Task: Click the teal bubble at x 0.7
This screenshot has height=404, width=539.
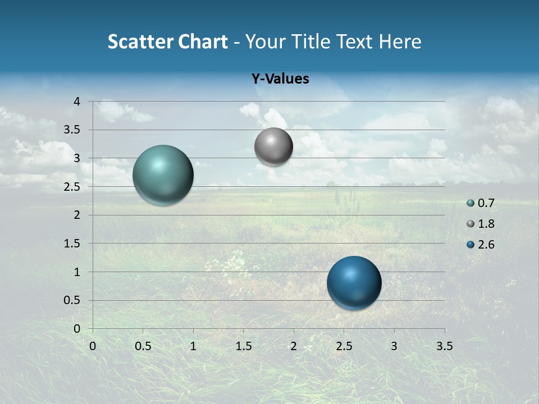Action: [x=163, y=175]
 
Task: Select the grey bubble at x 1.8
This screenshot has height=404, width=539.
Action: [x=273, y=146]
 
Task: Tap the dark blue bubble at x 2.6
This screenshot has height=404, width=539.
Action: [x=354, y=283]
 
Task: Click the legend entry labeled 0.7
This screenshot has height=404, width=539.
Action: [x=481, y=203]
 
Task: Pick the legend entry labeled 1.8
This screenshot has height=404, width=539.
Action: [x=481, y=224]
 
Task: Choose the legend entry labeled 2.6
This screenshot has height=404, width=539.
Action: [x=481, y=245]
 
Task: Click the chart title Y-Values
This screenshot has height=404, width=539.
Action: [x=280, y=79]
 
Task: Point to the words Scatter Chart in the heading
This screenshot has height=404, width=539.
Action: [x=167, y=42]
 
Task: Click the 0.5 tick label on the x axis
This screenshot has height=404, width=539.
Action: [x=143, y=346]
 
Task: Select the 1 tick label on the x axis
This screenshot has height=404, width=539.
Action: [x=193, y=346]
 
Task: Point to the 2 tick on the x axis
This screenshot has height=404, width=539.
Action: [x=294, y=346]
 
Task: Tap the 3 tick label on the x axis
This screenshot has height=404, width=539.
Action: [x=394, y=346]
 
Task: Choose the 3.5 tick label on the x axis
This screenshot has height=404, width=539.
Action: [x=444, y=346]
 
